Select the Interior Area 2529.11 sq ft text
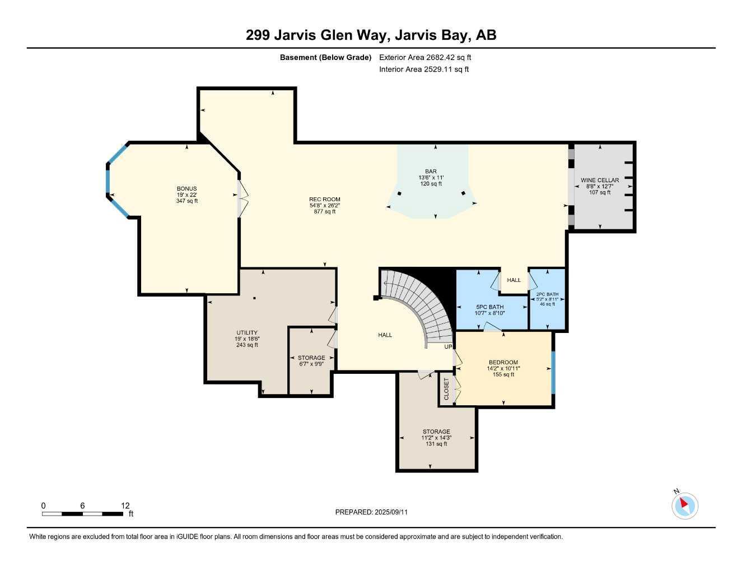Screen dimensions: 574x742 point(424,70)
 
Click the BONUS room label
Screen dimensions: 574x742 point(186,189)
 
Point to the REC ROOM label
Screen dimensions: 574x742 point(324,200)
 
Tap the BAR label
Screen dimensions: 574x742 point(431,172)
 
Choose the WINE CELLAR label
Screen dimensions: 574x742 point(600,180)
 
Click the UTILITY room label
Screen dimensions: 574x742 point(246,333)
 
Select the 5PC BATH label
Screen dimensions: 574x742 point(489,307)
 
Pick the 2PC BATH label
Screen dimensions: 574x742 point(547,294)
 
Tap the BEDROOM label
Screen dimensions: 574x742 point(503,363)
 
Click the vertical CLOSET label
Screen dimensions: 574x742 point(446,388)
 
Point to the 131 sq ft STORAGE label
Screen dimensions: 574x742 point(436,432)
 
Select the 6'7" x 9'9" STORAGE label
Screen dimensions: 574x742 point(311,358)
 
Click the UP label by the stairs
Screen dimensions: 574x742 point(448,347)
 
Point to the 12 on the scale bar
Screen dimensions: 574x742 point(125,505)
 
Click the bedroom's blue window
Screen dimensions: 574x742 point(553,372)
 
